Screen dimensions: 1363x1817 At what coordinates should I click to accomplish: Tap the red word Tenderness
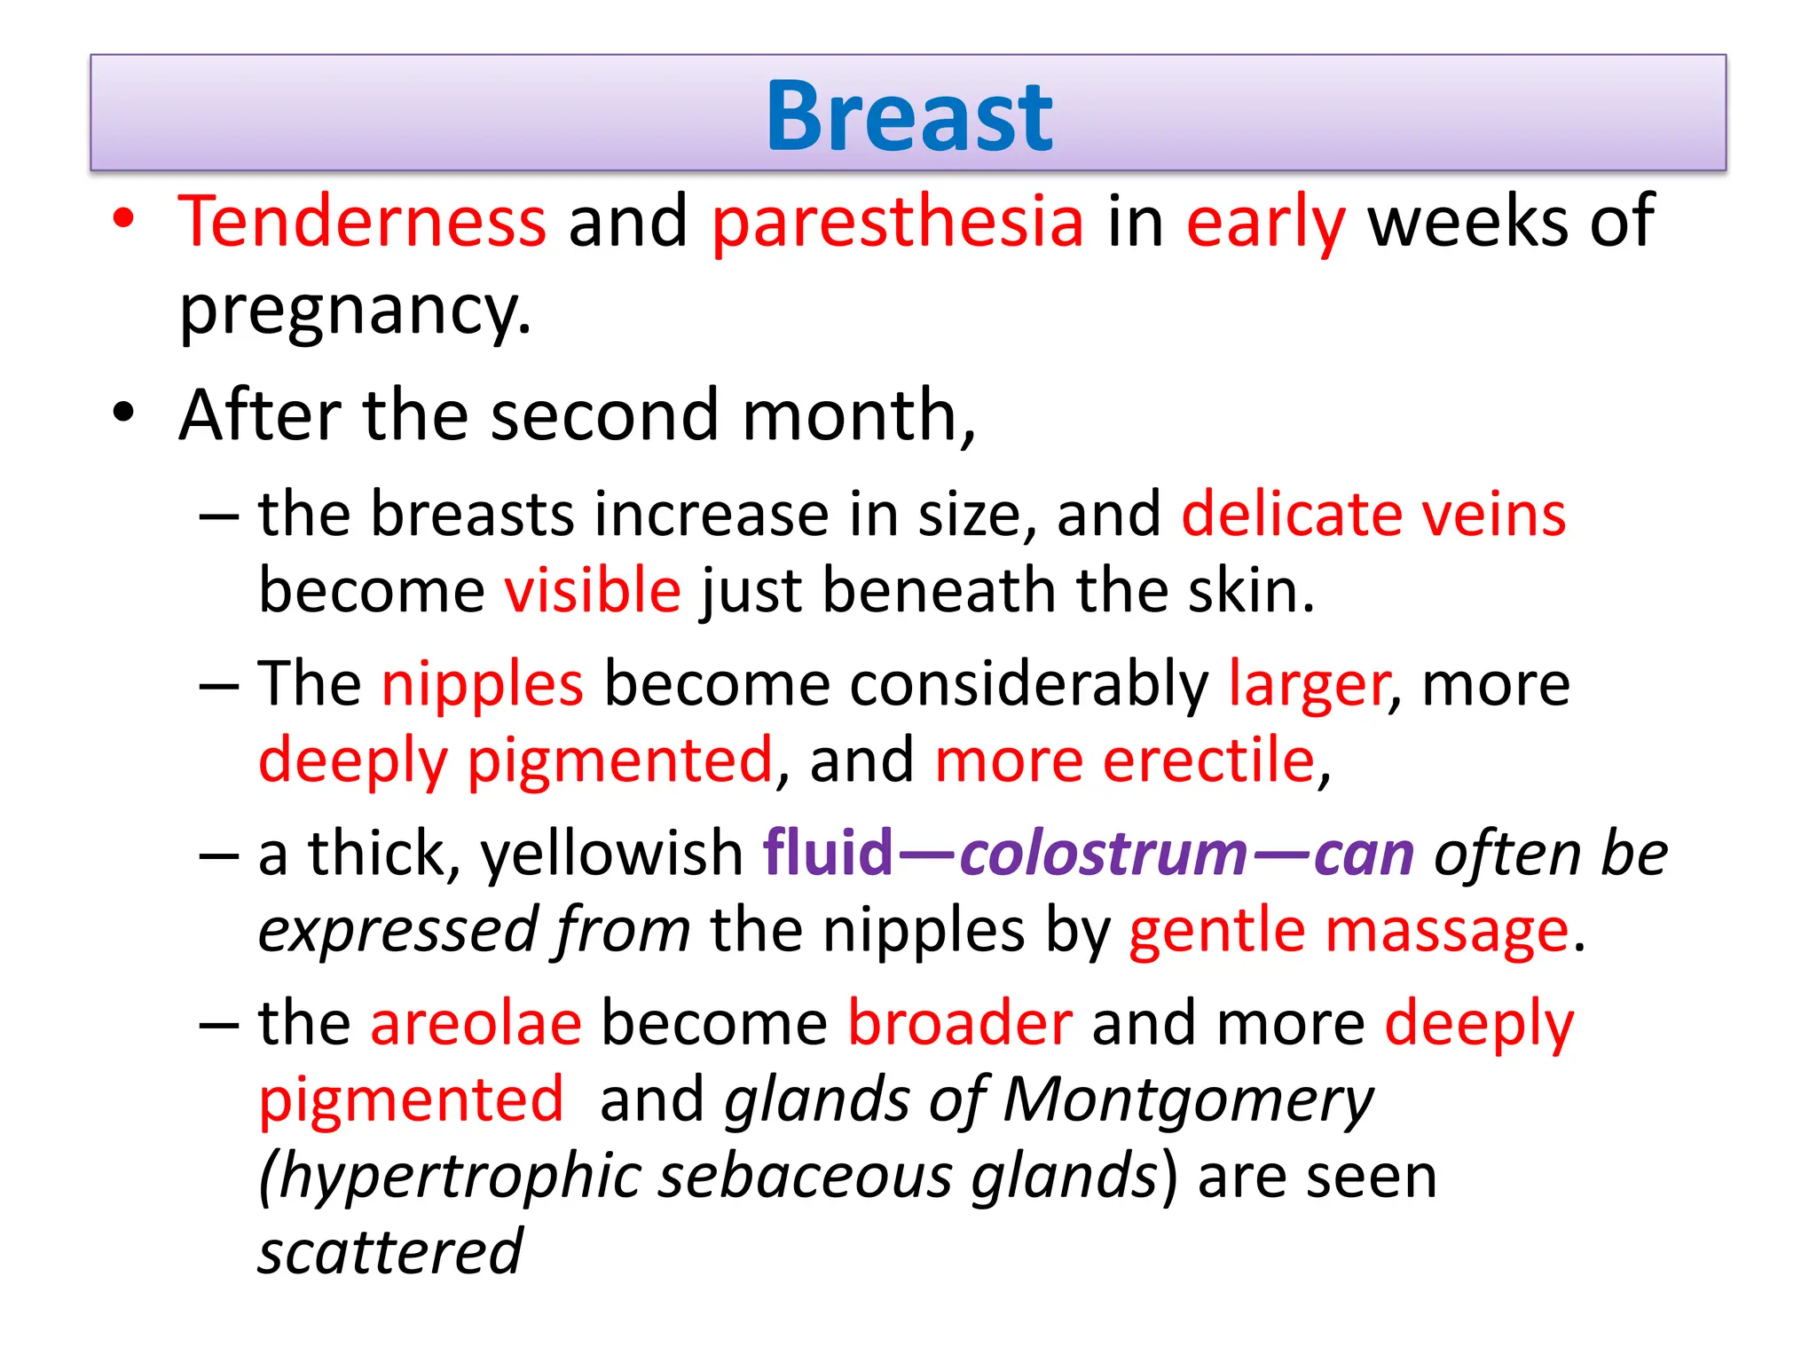(x=362, y=221)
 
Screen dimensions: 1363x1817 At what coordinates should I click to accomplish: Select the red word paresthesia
(x=898, y=223)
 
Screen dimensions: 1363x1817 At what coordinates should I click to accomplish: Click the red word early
(x=1266, y=223)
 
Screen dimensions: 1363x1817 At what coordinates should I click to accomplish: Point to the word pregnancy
(x=355, y=311)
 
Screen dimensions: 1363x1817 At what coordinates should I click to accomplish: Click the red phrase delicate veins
(x=1373, y=514)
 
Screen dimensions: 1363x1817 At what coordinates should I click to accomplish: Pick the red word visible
(x=593, y=591)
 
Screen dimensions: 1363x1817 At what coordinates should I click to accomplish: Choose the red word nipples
(x=483, y=684)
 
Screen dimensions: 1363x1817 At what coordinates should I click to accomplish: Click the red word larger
(x=1308, y=684)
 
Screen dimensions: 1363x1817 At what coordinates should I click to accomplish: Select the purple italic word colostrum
(x=1104, y=854)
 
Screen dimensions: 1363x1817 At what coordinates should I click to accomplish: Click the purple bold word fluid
(x=828, y=854)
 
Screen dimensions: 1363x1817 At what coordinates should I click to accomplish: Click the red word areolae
(x=476, y=1023)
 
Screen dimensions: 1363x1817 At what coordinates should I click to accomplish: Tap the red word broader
(x=960, y=1023)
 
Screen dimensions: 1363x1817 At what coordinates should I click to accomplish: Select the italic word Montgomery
(x=1188, y=1100)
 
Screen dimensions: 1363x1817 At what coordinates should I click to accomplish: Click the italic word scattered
(x=390, y=1252)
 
